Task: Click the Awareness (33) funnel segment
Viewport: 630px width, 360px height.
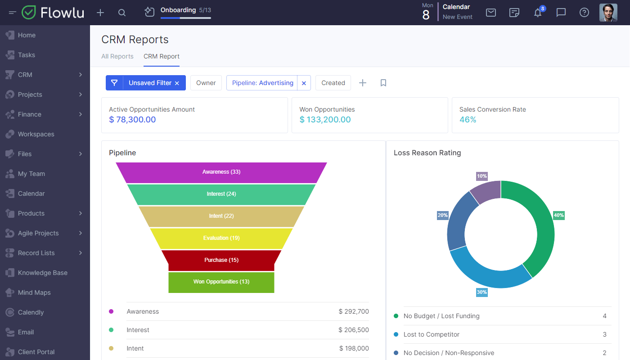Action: coord(221,172)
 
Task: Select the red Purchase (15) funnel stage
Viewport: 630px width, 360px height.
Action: coord(221,260)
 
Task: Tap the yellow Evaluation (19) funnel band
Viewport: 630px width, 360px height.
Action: coord(221,238)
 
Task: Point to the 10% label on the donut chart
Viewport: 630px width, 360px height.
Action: coord(482,176)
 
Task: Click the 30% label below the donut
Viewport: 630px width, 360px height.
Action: coord(482,292)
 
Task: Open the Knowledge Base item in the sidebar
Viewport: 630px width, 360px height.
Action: coord(42,273)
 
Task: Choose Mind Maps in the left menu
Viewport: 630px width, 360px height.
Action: coord(34,292)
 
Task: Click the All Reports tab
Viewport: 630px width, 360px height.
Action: coord(117,56)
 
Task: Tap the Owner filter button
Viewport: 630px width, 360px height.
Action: coord(206,83)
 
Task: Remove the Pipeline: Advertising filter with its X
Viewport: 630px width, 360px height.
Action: coord(304,83)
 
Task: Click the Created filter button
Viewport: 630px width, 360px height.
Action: coord(333,83)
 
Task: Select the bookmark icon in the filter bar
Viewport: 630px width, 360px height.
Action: coord(383,83)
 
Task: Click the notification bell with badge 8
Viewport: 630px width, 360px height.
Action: coord(538,13)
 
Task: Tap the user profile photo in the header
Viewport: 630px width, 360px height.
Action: coord(608,13)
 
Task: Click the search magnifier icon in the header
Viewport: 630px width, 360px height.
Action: coord(122,13)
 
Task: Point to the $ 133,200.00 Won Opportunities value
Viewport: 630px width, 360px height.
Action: coord(325,120)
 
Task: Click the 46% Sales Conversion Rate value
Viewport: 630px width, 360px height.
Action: coord(468,120)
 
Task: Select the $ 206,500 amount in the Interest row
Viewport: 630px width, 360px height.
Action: coord(354,330)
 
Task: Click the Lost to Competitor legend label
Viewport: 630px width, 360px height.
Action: coord(432,334)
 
